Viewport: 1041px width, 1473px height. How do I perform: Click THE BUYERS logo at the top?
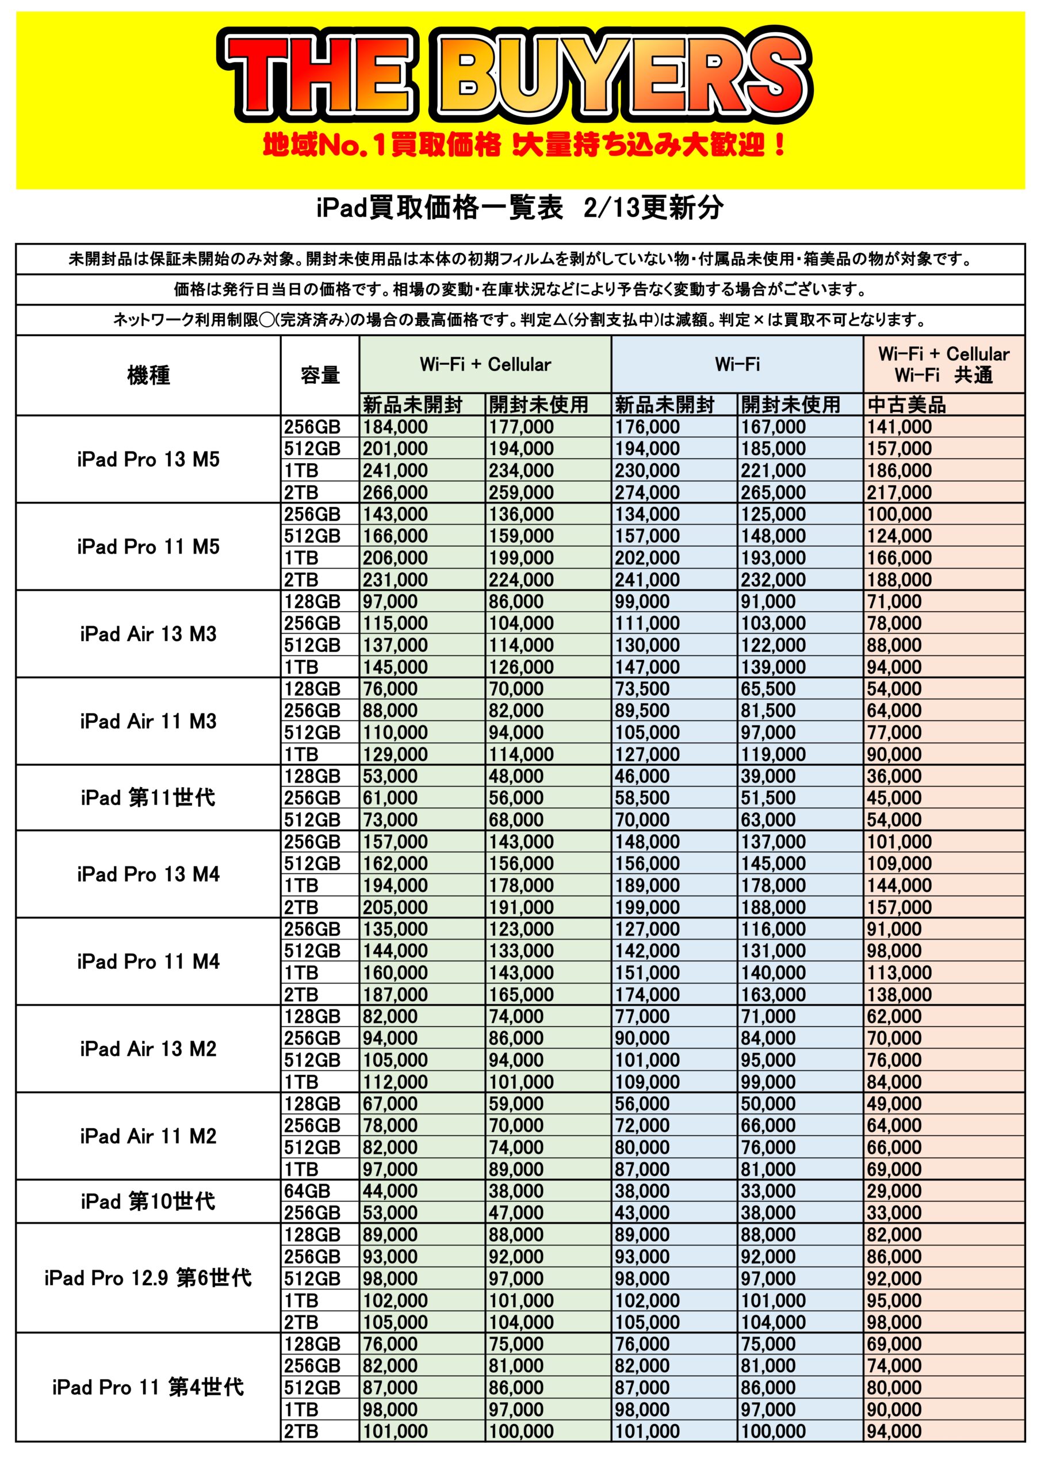pyautogui.click(x=516, y=76)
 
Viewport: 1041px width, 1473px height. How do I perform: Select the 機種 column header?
pyautogui.click(x=148, y=375)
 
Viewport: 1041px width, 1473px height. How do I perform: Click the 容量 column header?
pyautogui.click(x=319, y=375)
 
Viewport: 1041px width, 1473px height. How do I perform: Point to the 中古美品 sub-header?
pyautogui.click(x=906, y=405)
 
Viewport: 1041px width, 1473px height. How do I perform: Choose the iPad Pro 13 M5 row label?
pyautogui.click(x=148, y=459)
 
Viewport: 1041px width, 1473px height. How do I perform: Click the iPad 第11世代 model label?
pyautogui.click(x=148, y=797)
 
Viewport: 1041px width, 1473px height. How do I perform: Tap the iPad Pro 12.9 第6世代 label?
pyautogui.click(x=148, y=1278)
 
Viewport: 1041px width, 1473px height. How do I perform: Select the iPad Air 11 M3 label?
pyautogui.click(x=148, y=721)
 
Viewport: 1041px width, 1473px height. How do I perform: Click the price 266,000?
pyautogui.click(x=395, y=493)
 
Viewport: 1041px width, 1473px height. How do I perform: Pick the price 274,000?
pyautogui.click(x=646, y=493)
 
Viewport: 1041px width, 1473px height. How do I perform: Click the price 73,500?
pyautogui.click(x=641, y=689)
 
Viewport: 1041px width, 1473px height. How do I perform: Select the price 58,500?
pyautogui.click(x=641, y=798)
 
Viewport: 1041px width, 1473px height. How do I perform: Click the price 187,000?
pyautogui.click(x=395, y=994)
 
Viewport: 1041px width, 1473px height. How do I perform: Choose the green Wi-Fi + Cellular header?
pyautogui.click(x=485, y=364)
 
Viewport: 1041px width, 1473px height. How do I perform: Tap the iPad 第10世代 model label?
pyautogui.click(x=148, y=1201)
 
